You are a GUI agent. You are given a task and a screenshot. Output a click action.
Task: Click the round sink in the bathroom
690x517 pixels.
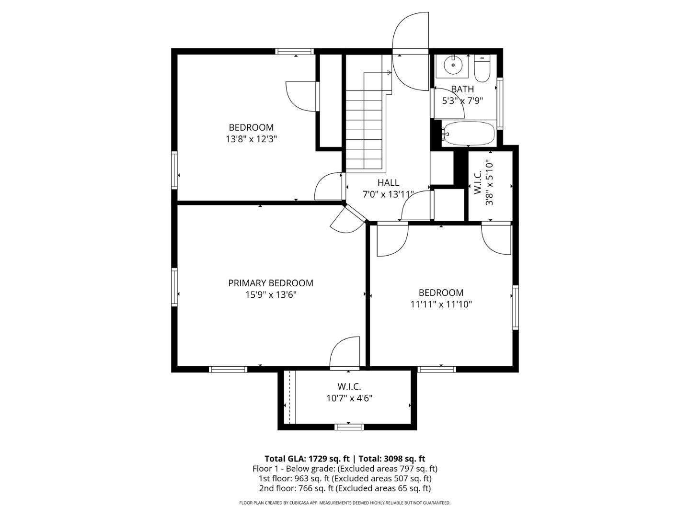click(x=453, y=65)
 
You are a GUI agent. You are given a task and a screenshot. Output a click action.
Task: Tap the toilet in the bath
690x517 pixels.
click(x=482, y=69)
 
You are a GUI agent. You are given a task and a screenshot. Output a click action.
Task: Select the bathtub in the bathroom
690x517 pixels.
click(x=468, y=134)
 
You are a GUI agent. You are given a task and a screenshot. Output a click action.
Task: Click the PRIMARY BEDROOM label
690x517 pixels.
click(x=271, y=283)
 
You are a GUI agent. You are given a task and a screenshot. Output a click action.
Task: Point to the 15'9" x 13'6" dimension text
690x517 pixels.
click(x=271, y=295)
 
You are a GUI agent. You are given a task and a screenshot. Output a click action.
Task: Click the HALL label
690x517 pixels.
click(x=388, y=182)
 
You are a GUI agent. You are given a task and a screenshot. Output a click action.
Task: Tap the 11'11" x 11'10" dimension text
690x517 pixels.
click(x=441, y=304)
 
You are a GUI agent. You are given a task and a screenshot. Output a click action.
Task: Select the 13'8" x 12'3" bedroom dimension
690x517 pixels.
click(x=251, y=139)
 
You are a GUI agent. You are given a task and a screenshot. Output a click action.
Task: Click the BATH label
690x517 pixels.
click(x=462, y=89)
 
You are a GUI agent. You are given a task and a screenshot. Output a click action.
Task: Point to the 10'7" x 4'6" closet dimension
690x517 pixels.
click(x=349, y=398)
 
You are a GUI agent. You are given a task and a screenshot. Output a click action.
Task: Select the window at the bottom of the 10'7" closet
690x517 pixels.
click(x=349, y=427)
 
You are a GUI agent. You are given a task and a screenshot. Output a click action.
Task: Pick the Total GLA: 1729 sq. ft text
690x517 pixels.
click(x=307, y=459)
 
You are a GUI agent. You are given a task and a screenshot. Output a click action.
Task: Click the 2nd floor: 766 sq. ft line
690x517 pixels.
click(x=345, y=488)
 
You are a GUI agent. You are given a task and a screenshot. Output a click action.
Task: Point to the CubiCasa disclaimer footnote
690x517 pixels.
click(x=345, y=503)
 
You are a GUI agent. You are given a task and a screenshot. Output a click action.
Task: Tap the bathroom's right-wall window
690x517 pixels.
click(x=499, y=103)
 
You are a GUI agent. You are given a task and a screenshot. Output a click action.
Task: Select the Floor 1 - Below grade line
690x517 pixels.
click(x=345, y=469)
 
